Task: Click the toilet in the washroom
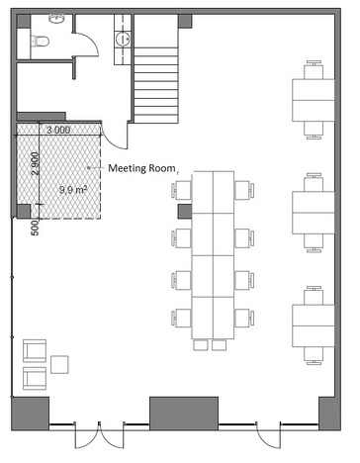pos(40,42)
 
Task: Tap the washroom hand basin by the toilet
pos(56,19)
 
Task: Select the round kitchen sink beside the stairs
pos(123,39)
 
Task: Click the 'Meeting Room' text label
pos(141,168)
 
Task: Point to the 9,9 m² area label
pos(73,190)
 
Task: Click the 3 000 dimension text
pos(58,130)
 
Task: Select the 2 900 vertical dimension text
pos(36,163)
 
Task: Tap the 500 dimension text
pos(35,229)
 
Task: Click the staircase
pos(156,85)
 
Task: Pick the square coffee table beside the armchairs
pos(59,364)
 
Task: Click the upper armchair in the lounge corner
pos(35,350)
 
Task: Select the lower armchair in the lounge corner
pos(35,378)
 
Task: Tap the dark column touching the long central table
pos(185,212)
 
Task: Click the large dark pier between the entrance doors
pos(184,414)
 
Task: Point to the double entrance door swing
pos(99,435)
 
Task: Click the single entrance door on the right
pos(269,435)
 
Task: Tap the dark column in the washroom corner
pos(24,21)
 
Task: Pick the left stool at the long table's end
pos(201,345)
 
